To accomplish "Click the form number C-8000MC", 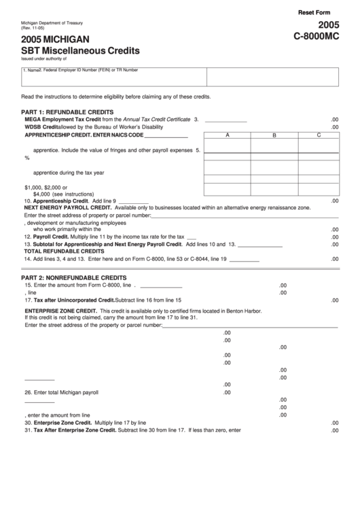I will [315, 39].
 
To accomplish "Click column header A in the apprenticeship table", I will [227, 135].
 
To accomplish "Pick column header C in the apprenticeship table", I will [319, 135].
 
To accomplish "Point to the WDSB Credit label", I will [41, 127].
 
